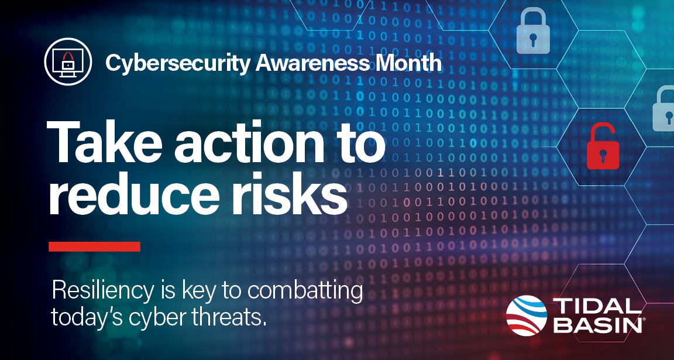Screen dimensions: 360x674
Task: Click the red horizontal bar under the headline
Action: [x=94, y=246]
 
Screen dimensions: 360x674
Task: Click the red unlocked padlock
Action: [x=603, y=146]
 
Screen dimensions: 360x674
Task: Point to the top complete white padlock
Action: [x=532, y=33]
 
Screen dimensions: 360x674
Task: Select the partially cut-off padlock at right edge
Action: [x=664, y=108]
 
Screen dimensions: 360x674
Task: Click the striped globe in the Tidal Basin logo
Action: [x=527, y=316]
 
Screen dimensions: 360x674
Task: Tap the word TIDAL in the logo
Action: [x=595, y=307]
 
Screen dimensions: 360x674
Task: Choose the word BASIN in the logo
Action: [x=595, y=325]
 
